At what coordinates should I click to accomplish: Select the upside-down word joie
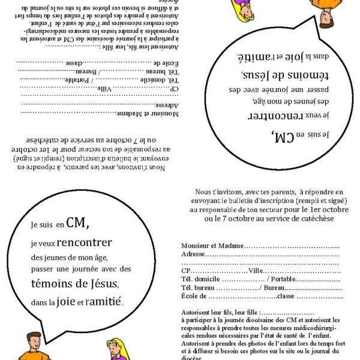pyautogui.click(x=296, y=58)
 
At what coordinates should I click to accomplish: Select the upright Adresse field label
pyautogui.click(x=193, y=254)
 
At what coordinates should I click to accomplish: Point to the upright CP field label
pyautogui.click(x=185, y=271)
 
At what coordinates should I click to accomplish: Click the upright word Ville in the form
pyautogui.click(x=256, y=271)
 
